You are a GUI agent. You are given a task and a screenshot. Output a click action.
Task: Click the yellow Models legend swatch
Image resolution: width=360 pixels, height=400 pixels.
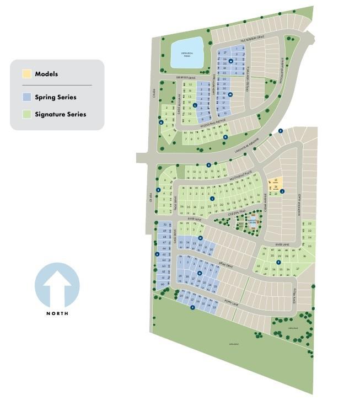tap(26, 74)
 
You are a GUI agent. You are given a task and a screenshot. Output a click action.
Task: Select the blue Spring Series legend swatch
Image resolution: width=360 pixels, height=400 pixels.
tap(26, 97)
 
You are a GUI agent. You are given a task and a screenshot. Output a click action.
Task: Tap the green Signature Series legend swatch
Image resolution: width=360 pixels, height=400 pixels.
tap(26, 115)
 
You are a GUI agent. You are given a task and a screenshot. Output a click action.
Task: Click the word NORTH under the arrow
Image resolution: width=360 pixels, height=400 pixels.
tap(57, 313)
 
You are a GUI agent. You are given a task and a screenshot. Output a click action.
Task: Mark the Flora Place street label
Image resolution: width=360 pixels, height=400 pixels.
tap(294, 296)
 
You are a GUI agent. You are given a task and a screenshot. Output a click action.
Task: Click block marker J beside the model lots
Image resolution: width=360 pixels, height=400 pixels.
tap(282, 191)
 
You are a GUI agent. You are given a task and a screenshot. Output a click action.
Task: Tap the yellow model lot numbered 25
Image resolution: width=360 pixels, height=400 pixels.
tap(276, 181)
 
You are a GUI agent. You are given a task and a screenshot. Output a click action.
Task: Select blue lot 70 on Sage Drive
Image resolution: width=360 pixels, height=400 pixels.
tap(164, 225)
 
